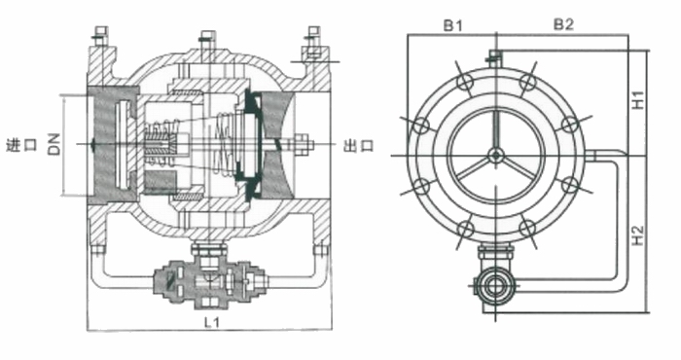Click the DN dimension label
pos(54,144)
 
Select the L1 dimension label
pos(212,322)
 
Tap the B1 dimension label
pos(453,25)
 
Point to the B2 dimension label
pos(563,24)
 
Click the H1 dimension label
pos(637,99)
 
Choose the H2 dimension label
pos(637,234)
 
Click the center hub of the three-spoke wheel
pos(495,155)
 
